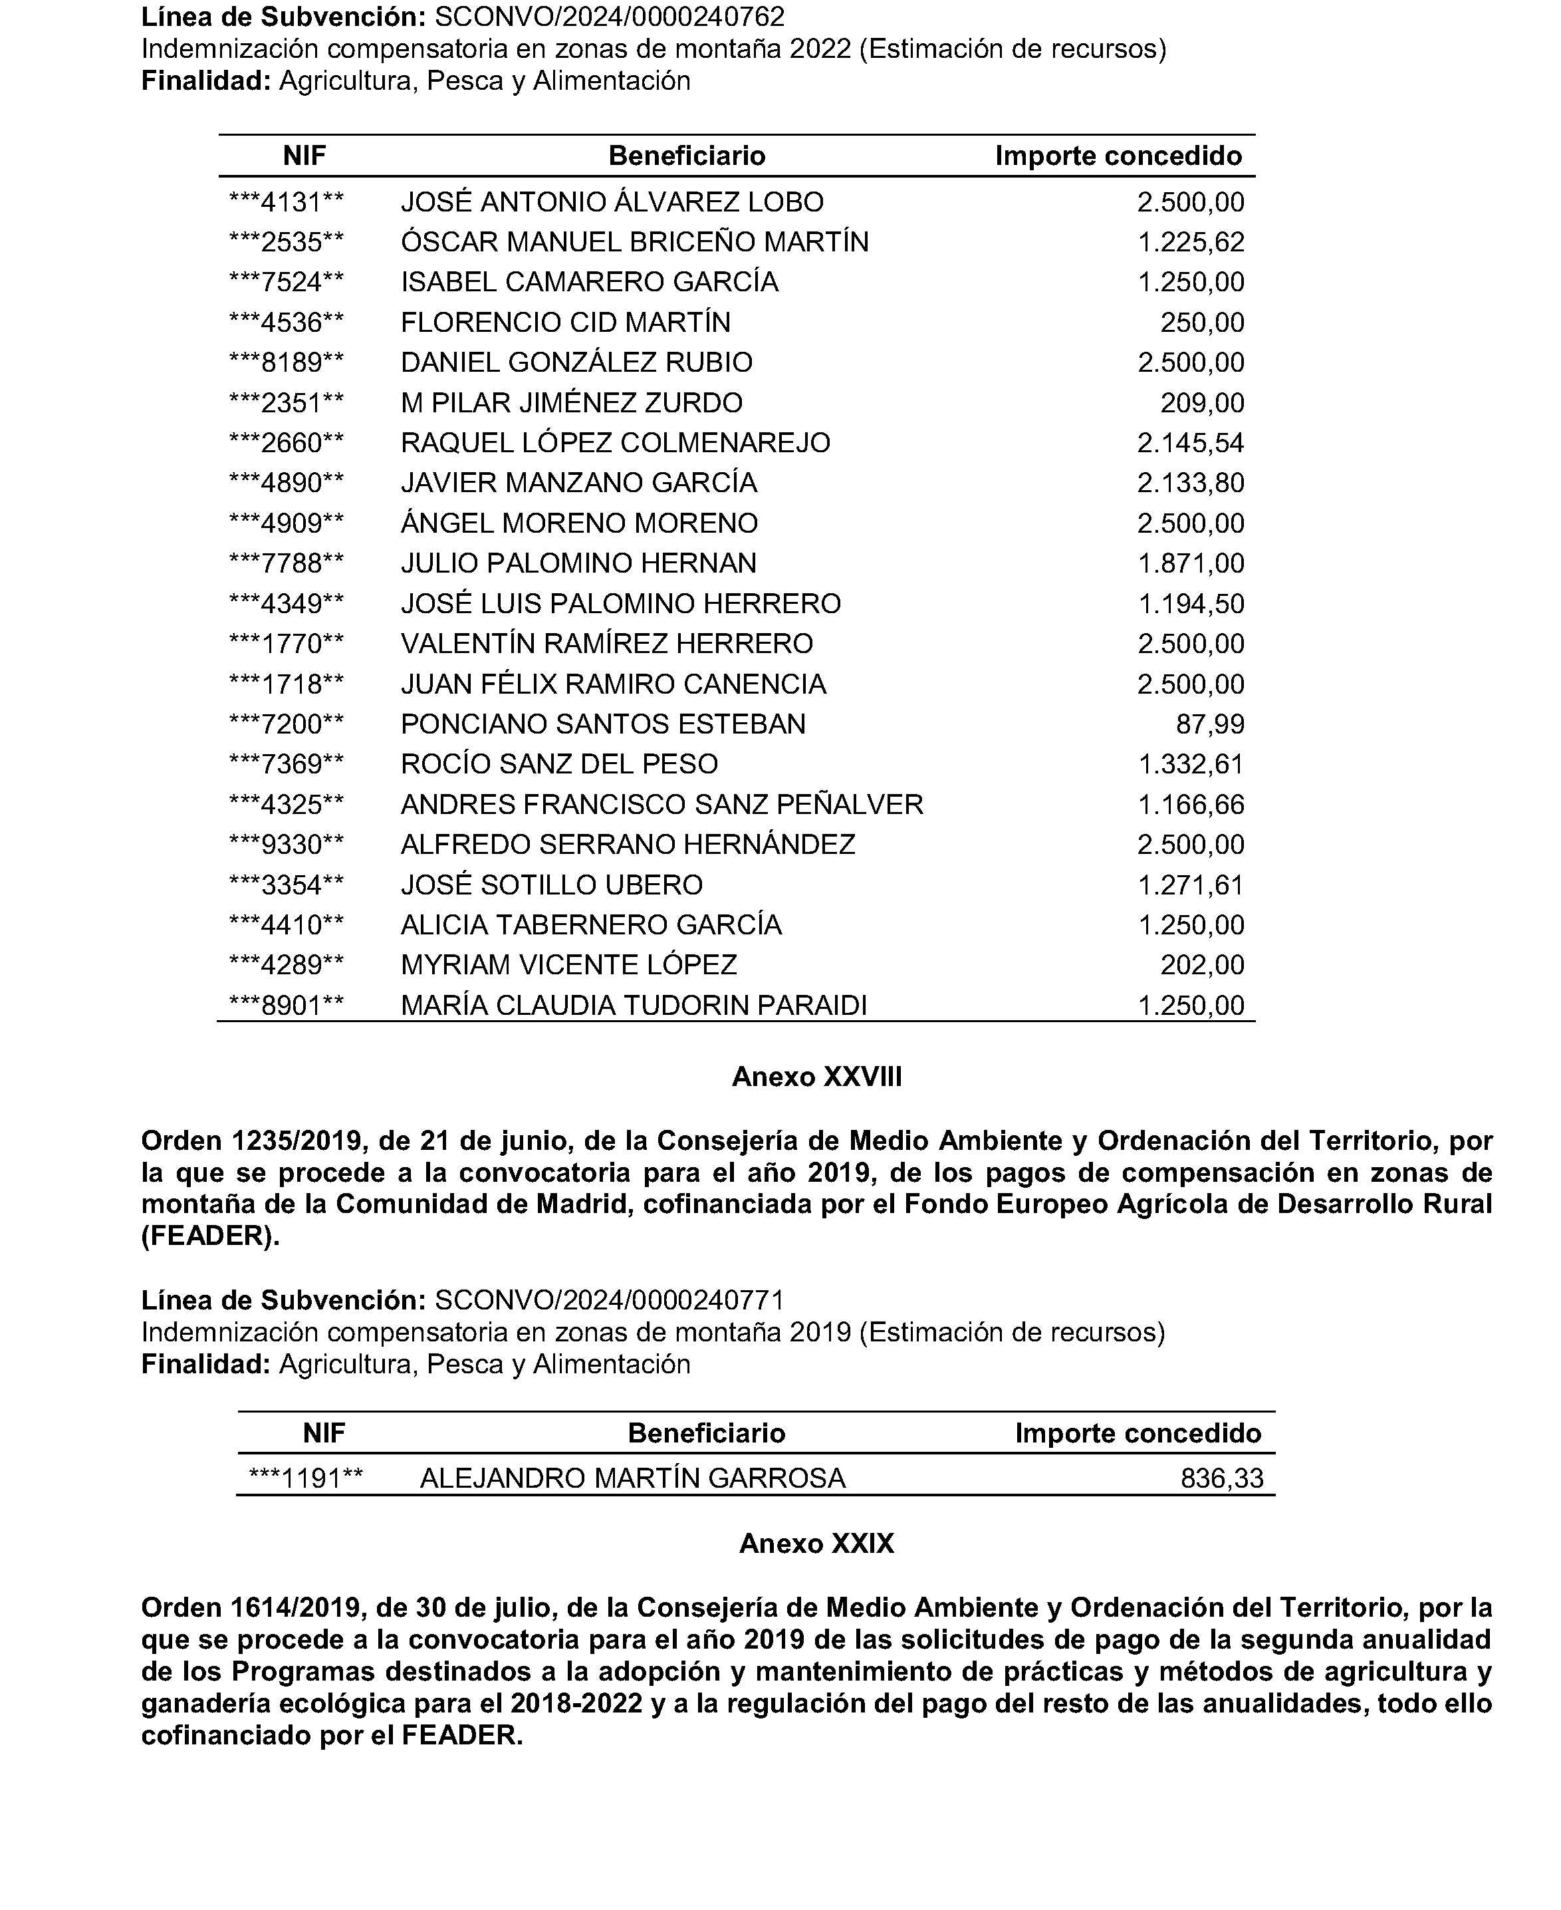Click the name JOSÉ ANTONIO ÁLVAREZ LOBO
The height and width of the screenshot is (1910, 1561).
(612, 202)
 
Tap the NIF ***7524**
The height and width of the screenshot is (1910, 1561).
(287, 283)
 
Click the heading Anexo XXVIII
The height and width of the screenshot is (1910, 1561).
(816, 1077)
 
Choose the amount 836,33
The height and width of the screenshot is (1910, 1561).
(1221, 1478)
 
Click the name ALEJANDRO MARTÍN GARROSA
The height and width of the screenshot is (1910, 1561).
(632, 1478)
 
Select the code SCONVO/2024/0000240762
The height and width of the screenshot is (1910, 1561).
(609, 17)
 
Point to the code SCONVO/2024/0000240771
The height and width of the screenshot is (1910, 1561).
(609, 1300)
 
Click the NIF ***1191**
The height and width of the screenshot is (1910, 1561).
(306, 1478)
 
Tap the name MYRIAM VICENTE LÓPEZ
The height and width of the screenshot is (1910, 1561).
(568, 966)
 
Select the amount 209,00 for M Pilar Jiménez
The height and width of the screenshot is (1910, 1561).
(1201, 403)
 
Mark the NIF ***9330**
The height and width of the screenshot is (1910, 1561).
(287, 845)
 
